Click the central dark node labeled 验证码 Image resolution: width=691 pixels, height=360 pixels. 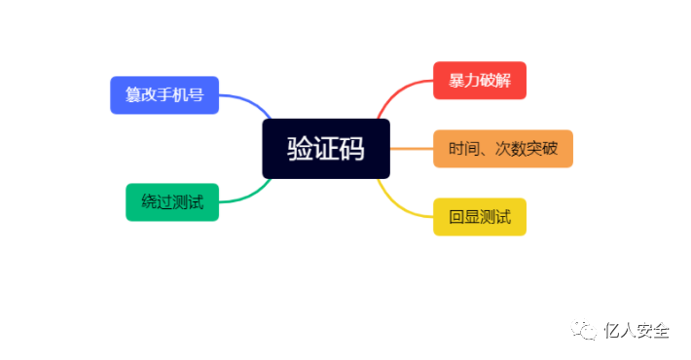325,149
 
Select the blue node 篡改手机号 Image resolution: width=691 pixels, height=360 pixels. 164,95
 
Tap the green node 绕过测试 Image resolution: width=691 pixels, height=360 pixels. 172,202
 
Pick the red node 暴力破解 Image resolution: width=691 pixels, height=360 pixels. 479,81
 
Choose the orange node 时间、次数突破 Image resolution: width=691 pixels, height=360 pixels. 502,149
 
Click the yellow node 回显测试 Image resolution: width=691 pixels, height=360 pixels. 479,216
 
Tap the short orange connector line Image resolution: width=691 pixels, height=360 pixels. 411,149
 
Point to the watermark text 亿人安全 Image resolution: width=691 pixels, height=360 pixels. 636,331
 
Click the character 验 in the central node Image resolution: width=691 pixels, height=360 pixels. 300,149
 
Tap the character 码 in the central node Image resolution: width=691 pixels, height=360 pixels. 351,149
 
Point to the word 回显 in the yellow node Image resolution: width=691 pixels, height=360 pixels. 464,216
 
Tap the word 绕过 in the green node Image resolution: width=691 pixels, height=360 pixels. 157,202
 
